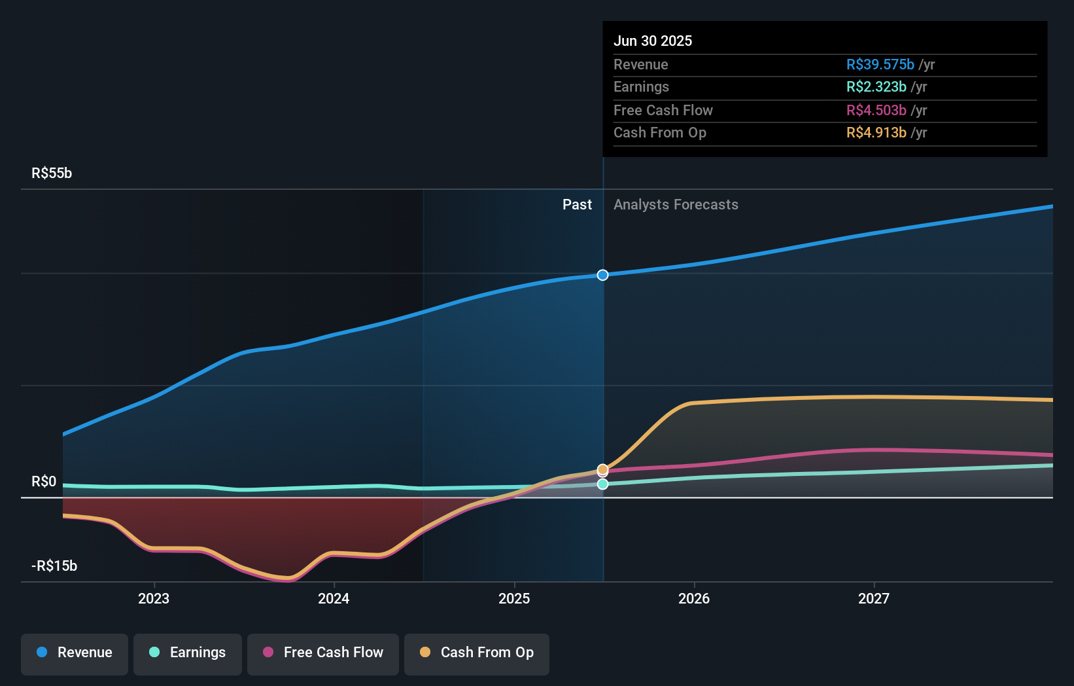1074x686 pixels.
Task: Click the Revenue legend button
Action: pos(75,653)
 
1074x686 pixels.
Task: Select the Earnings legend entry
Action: pos(188,653)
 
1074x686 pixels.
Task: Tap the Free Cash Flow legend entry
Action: pos(323,653)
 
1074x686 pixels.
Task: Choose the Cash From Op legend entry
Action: pos(477,653)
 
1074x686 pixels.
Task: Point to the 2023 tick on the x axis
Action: pos(154,598)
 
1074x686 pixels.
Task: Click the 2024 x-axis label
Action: pos(334,598)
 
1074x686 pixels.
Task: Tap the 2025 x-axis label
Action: pos(514,598)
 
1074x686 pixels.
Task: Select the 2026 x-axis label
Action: pos(694,598)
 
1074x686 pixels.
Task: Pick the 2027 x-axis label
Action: pos(874,598)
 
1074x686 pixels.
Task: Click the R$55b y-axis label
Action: pos(52,173)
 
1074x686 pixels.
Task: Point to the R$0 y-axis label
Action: pos(44,482)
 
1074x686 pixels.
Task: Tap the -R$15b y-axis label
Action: pos(54,566)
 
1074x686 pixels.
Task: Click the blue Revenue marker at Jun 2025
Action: pos(603,275)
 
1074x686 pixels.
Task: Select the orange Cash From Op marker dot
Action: pos(603,469)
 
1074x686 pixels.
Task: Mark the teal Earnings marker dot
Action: pos(603,484)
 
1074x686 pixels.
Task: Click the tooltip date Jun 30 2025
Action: pos(653,41)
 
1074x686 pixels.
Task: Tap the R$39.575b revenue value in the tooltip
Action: pos(880,65)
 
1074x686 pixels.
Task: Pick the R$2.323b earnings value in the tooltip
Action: pos(876,87)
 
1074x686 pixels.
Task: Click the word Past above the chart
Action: pos(577,205)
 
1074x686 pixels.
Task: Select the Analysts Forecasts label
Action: pos(676,205)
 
